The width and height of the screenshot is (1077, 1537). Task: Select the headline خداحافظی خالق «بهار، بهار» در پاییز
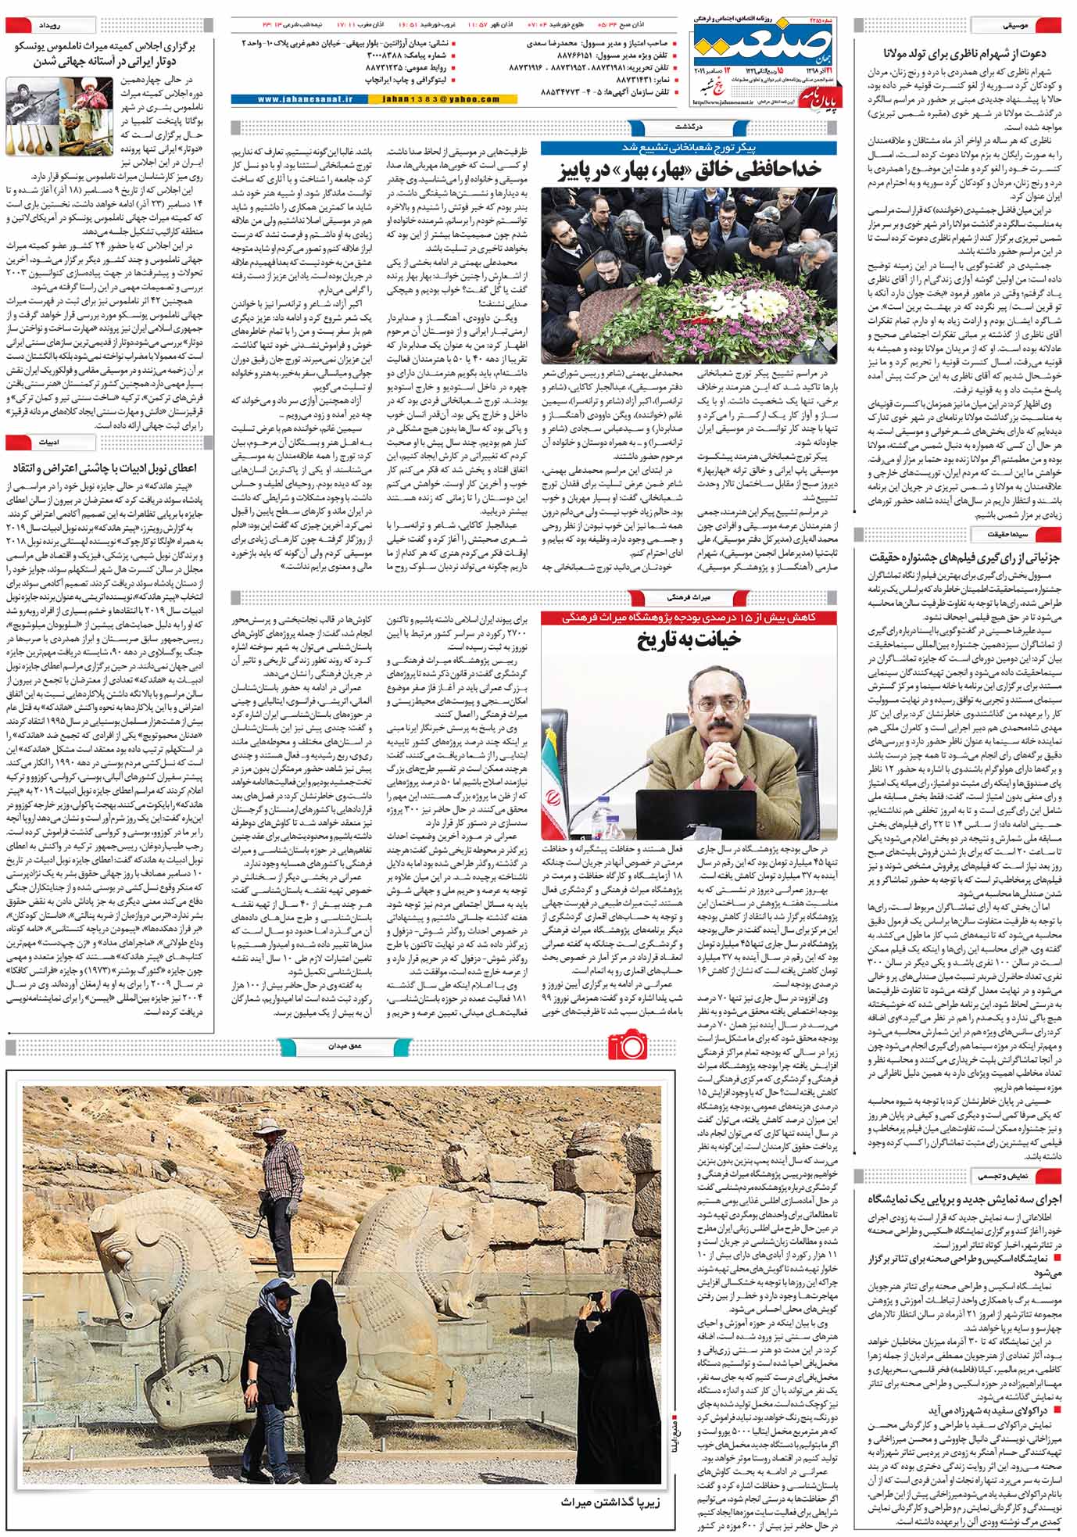(688, 170)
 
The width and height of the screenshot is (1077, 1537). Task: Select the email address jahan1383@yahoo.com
(442, 99)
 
